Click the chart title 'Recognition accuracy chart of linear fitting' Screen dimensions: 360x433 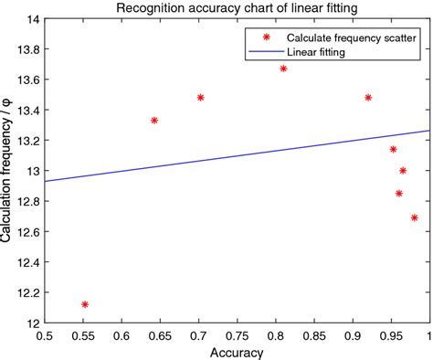tap(237, 8)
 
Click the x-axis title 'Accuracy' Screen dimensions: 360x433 tap(237, 352)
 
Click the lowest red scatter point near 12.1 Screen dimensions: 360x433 tap(85, 304)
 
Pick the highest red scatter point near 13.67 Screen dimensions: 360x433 tap(283, 69)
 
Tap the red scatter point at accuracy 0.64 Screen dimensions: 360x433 tap(154, 120)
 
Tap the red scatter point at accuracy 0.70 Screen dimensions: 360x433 tap(200, 97)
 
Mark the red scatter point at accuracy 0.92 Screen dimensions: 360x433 tap(368, 97)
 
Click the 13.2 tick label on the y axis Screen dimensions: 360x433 tap(25, 140)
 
